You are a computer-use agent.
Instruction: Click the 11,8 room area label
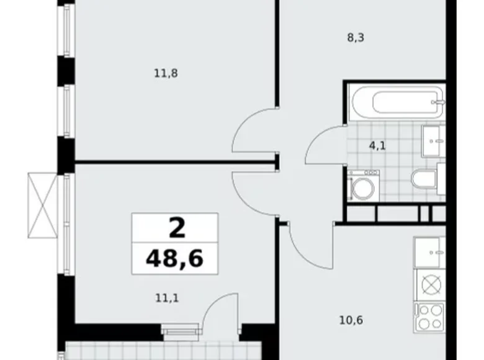click(x=166, y=73)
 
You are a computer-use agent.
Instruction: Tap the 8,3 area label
click(x=356, y=38)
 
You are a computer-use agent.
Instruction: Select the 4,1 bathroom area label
click(x=377, y=145)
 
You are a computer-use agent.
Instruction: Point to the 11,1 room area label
click(x=167, y=299)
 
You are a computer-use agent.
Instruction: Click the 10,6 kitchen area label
click(x=351, y=320)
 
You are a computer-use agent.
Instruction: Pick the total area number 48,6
click(x=174, y=258)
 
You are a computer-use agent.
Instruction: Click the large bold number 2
click(x=177, y=228)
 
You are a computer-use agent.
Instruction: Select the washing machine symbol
click(x=363, y=186)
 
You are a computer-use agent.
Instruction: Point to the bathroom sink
click(x=433, y=141)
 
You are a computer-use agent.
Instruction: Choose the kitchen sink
click(x=429, y=253)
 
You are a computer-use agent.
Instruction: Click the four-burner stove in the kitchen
click(x=429, y=318)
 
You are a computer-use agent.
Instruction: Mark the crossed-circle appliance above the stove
click(x=431, y=285)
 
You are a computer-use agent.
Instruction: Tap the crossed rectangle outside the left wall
click(x=43, y=205)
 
